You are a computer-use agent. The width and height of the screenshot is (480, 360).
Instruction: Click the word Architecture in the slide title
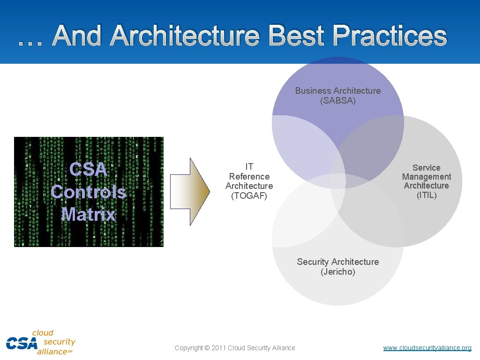click(x=184, y=36)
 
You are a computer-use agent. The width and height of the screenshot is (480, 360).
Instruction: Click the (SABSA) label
click(x=338, y=100)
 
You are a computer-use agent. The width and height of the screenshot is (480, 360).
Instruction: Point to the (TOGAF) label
click(x=249, y=196)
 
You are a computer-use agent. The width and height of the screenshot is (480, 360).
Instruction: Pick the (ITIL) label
click(x=427, y=195)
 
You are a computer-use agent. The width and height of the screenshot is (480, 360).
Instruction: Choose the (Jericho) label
click(x=338, y=272)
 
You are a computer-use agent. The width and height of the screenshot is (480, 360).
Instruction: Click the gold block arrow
click(x=189, y=192)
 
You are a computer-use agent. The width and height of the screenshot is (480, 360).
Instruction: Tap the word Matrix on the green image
click(x=88, y=214)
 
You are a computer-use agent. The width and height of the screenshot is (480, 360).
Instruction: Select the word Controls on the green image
click(x=88, y=192)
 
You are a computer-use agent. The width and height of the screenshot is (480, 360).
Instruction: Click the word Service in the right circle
click(x=427, y=167)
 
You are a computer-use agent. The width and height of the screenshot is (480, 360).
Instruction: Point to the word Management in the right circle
click(x=427, y=177)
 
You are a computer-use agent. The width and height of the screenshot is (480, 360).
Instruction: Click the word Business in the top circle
click(x=312, y=90)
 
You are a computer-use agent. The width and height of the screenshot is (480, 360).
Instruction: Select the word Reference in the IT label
click(x=249, y=176)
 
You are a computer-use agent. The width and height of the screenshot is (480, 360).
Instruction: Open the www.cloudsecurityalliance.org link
click(x=427, y=348)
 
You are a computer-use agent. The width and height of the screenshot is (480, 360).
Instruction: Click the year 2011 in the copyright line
click(x=218, y=348)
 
